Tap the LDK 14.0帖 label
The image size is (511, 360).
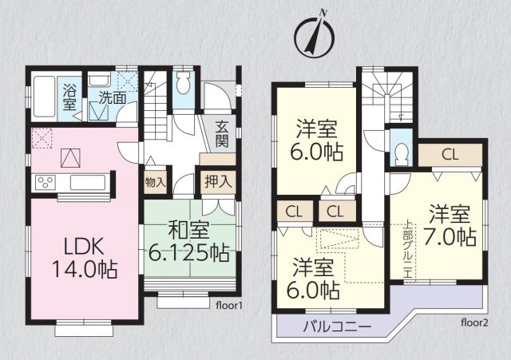point(85,258)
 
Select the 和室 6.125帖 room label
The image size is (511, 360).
point(188,242)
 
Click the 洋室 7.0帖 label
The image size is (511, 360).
point(450,225)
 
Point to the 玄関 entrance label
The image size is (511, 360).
point(222,134)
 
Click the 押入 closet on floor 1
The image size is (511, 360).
point(218,181)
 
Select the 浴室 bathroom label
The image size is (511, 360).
point(69,97)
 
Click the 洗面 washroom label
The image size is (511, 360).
point(113,97)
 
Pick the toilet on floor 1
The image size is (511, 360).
point(183,83)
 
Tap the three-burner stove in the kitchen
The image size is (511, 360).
point(46,183)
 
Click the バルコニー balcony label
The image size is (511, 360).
point(337,326)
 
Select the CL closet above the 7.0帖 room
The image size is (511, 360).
point(450,154)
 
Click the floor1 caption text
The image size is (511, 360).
point(229,306)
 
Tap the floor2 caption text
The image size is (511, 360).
point(474,322)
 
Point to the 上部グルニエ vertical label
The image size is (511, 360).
point(408,250)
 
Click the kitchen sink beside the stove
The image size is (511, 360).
point(88,183)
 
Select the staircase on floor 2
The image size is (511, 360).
point(386,95)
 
